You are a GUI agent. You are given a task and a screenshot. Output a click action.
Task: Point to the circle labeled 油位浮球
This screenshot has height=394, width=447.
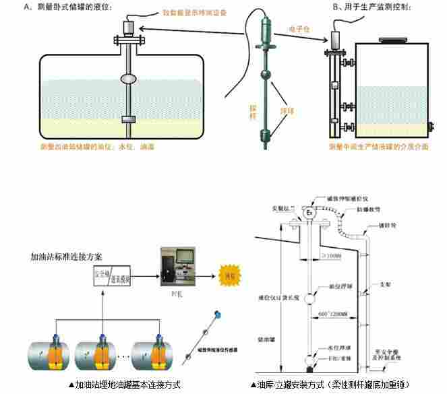(309, 298)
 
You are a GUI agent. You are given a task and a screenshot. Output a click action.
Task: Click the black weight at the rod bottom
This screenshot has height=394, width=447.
(309, 369)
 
